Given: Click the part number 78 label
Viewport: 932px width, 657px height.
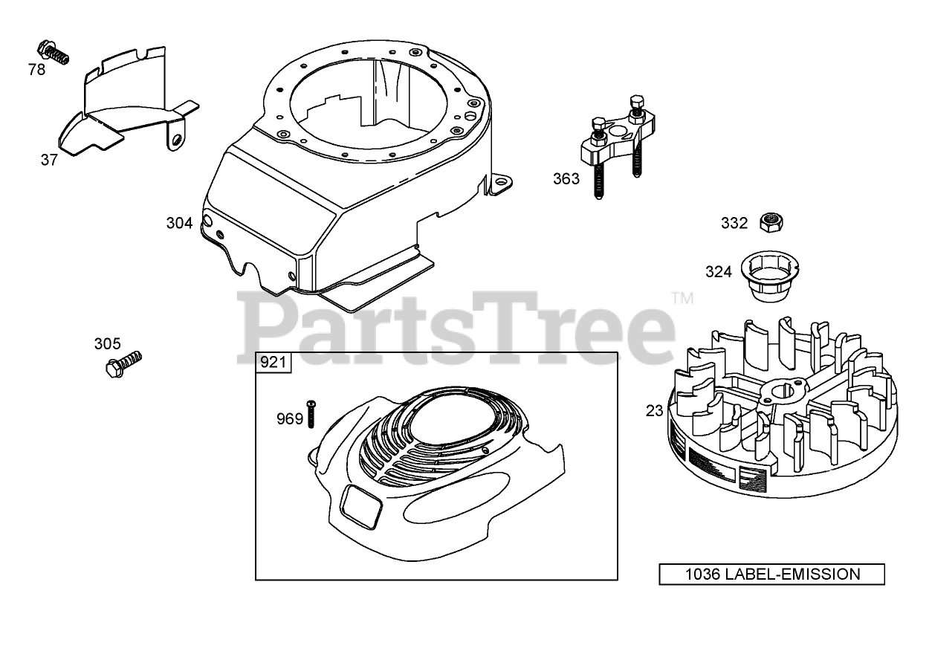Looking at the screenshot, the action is click(x=36, y=69).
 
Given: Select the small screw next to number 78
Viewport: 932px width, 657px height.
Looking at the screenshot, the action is click(x=54, y=51).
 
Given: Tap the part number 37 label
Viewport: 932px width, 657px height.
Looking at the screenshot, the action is click(x=49, y=159).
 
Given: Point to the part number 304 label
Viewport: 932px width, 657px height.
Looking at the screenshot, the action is click(x=179, y=222).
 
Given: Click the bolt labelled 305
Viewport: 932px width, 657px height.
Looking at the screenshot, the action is click(x=123, y=365).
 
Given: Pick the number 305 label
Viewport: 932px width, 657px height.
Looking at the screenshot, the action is click(x=107, y=343).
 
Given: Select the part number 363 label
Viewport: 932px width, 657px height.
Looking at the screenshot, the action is click(x=566, y=179).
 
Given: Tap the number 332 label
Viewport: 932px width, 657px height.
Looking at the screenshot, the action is click(x=734, y=222).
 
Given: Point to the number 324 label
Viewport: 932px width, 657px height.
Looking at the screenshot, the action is click(x=719, y=272).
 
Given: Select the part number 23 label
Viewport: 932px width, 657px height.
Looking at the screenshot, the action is click(x=654, y=410).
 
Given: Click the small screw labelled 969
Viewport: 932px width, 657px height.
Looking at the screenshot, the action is click(x=312, y=413).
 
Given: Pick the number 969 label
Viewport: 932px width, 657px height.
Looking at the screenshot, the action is click(x=290, y=419).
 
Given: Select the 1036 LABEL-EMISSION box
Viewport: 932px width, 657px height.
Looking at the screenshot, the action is click(x=771, y=574).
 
